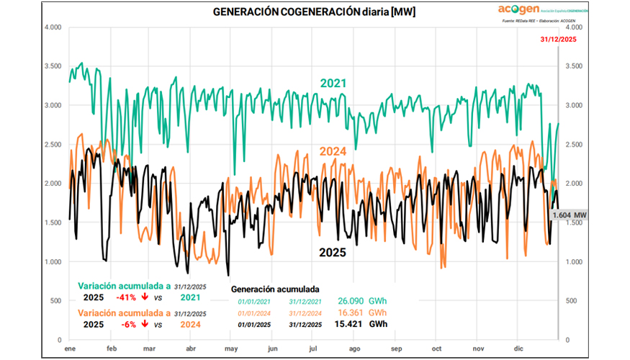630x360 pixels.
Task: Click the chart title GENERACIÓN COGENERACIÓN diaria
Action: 314,12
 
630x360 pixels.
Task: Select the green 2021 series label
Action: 333,84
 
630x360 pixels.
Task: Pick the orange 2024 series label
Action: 333,151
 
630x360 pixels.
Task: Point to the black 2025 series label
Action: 333,253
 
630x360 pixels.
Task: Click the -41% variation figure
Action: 127,297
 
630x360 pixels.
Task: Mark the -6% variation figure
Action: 129,325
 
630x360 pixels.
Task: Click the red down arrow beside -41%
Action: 145,297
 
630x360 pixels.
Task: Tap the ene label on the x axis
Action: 69,348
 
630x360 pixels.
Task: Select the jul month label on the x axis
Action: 313,348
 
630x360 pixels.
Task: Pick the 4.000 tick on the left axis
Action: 52,27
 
